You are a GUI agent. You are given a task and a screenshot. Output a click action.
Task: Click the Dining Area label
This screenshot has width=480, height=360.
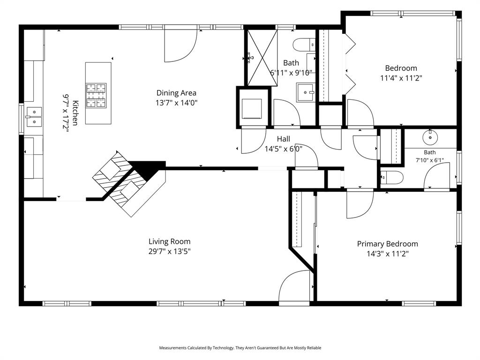[176, 93]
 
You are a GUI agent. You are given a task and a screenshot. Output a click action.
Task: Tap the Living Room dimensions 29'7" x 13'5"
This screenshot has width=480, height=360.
[170, 252]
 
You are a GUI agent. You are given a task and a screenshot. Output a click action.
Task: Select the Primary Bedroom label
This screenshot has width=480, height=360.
[388, 244]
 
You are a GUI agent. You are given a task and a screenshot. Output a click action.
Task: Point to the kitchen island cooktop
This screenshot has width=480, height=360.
[96, 96]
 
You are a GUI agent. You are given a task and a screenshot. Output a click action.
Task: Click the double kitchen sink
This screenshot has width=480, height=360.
[34, 117]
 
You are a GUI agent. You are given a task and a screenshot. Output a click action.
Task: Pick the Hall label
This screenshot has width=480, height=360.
[284, 139]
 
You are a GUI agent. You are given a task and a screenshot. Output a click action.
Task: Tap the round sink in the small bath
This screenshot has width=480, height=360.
[430, 137]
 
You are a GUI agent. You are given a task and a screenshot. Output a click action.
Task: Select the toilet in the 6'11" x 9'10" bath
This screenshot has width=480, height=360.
[304, 45]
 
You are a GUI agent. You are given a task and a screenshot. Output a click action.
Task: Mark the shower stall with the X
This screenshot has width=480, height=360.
[262, 58]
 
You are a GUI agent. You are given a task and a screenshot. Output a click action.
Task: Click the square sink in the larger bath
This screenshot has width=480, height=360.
[306, 92]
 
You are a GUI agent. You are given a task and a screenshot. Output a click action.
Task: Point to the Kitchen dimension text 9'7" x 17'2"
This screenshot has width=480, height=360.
[66, 113]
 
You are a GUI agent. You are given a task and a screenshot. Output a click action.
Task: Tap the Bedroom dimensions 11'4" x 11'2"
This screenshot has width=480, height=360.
[401, 78]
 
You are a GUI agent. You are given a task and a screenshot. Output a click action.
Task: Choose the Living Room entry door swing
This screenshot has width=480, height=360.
[294, 286]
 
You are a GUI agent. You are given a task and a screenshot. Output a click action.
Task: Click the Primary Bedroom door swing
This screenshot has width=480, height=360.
[360, 204]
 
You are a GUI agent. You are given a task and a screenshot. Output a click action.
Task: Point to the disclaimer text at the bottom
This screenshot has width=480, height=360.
[240, 348]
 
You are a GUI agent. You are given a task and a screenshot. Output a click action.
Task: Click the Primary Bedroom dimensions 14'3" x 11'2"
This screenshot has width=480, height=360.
[388, 254]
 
